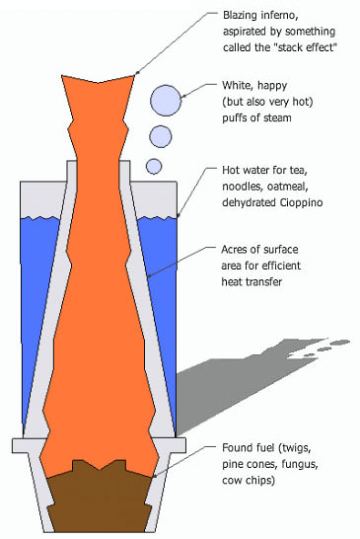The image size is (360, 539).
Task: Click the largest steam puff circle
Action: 166,101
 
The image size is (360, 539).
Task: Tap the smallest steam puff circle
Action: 154,167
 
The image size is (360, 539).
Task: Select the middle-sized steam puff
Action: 161,136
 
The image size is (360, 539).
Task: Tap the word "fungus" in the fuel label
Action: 299,465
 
